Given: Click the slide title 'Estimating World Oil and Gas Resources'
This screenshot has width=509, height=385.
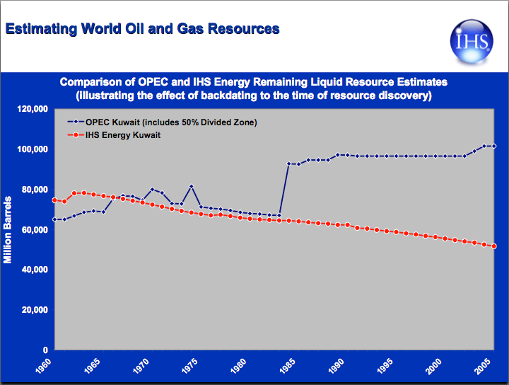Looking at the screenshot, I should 142,29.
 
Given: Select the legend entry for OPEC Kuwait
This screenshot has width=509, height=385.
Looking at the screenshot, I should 162,122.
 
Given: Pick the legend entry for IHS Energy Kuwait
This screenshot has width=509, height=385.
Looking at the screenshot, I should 124,135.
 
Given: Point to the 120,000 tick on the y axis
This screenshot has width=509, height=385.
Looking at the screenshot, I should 32,110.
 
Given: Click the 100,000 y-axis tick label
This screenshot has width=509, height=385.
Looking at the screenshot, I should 32,149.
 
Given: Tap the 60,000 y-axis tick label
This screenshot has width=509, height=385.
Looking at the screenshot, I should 34,230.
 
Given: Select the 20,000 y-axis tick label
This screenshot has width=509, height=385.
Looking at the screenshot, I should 34,310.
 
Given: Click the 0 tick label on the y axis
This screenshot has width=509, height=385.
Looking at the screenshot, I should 45,350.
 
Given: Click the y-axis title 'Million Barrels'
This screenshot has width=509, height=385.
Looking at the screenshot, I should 8,230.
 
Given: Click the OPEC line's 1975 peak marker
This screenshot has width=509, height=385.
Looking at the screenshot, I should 192,186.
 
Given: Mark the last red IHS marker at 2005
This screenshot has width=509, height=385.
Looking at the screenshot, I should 493,246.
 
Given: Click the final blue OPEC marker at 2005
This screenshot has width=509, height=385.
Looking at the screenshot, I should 493,146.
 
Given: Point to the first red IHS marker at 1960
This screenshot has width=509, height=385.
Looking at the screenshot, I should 54,200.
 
